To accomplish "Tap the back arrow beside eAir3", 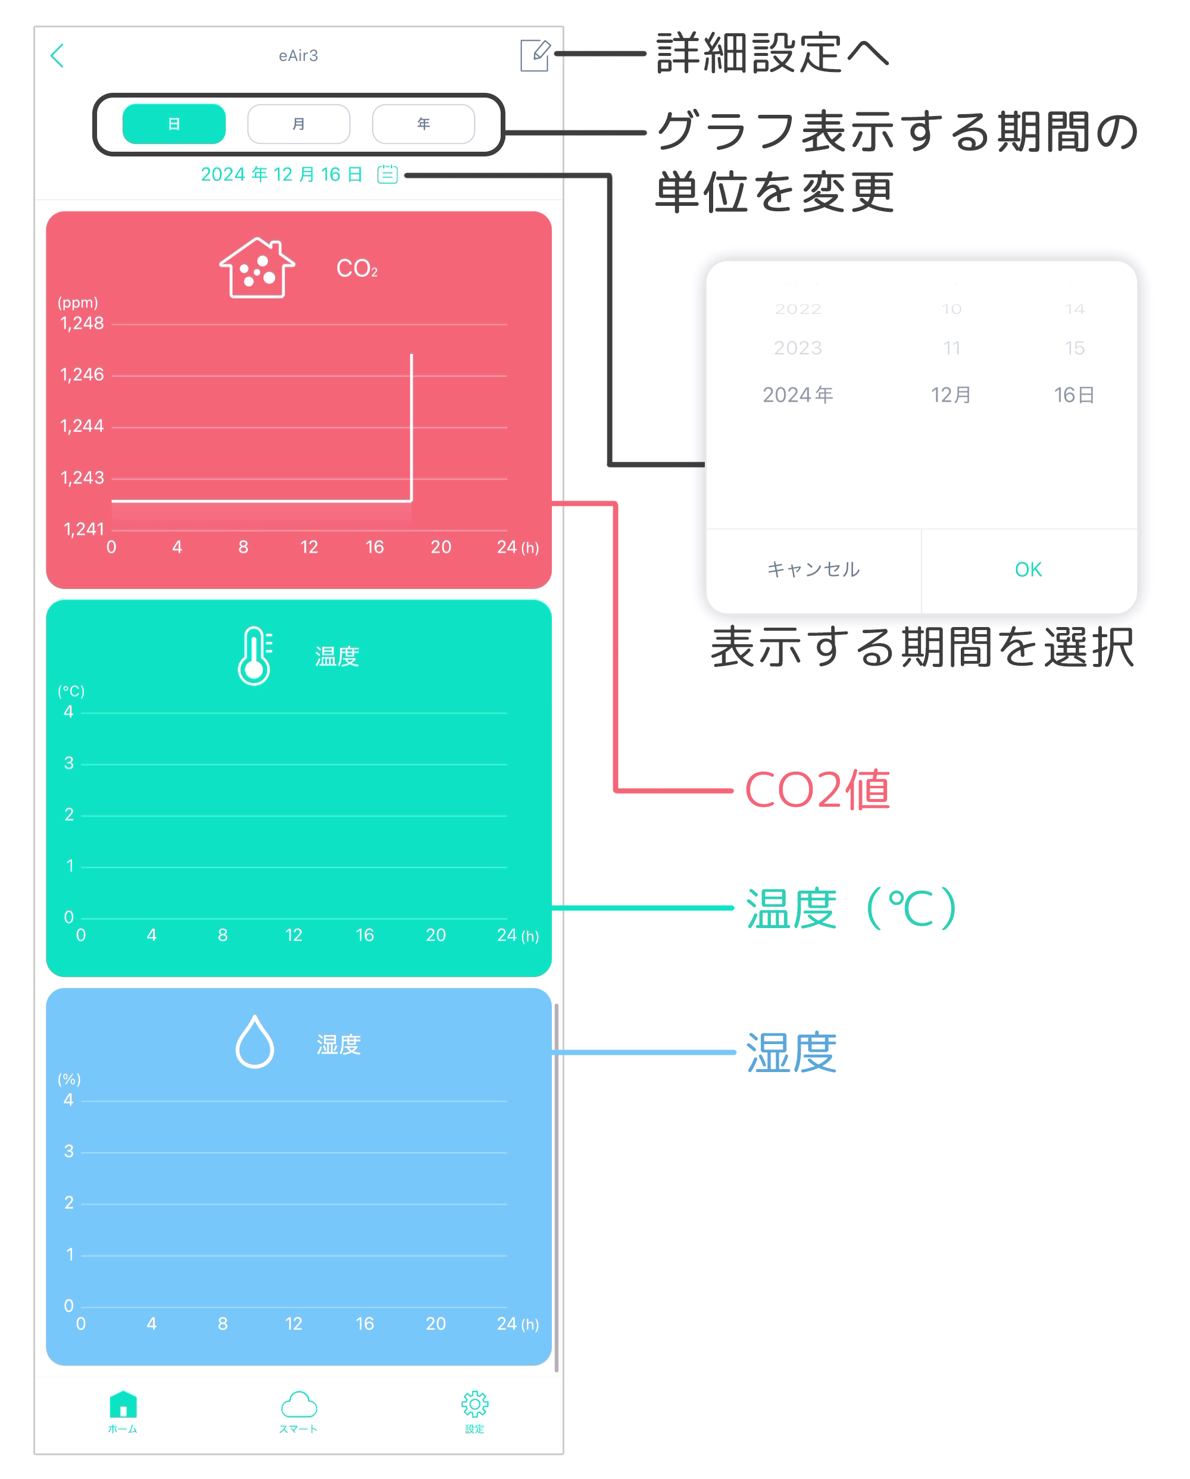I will (58, 55).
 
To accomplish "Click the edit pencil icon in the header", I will (535, 55).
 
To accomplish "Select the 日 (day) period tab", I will (174, 124).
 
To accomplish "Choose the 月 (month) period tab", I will (298, 124).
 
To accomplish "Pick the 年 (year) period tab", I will (423, 124).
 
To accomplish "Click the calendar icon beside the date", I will (388, 174).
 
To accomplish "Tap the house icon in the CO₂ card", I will (257, 268).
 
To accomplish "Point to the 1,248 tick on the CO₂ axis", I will (82, 323).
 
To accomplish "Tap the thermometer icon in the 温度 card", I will (255, 656).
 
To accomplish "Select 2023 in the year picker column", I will (798, 349).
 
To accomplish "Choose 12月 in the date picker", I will (951, 395).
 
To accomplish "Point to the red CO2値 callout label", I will (817, 790).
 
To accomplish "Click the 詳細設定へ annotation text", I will (772, 54).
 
